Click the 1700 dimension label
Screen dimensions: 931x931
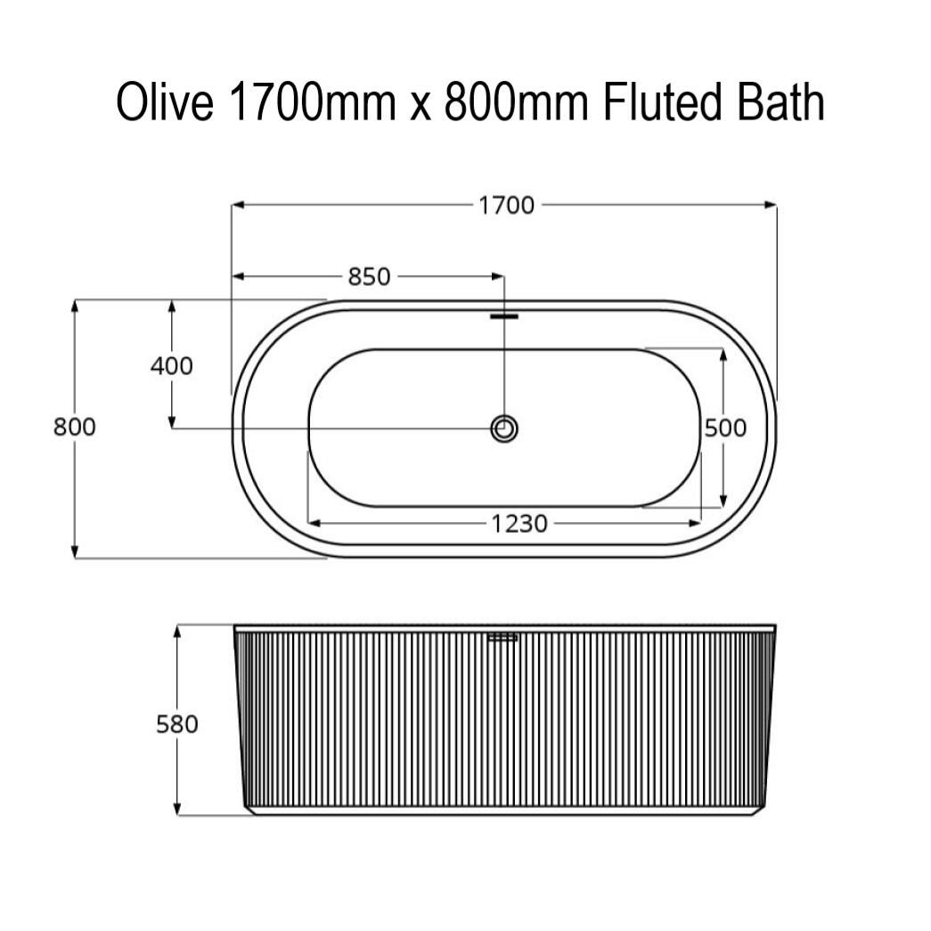pyautogui.click(x=506, y=206)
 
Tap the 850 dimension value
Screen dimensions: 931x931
pyautogui.click(x=369, y=277)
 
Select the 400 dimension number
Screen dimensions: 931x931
pyautogui.click(x=171, y=365)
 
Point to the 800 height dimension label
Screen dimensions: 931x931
pyautogui.click(x=74, y=427)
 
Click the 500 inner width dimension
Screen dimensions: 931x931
pyautogui.click(x=725, y=429)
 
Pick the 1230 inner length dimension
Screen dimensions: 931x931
pyautogui.click(x=519, y=524)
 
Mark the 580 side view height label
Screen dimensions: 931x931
pyautogui.click(x=177, y=724)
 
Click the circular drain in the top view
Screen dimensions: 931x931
pyautogui.click(x=504, y=429)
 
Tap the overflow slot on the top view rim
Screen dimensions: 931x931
pyautogui.click(x=504, y=315)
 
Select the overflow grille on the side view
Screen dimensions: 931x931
pyautogui.click(x=503, y=637)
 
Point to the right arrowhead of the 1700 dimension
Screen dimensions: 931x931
pyautogui.click(x=772, y=205)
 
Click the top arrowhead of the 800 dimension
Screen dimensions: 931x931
pyautogui.click(x=75, y=305)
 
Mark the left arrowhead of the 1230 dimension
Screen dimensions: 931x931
pyautogui.click(x=314, y=523)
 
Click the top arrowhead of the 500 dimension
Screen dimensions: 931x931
pyautogui.click(x=723, y=353)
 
